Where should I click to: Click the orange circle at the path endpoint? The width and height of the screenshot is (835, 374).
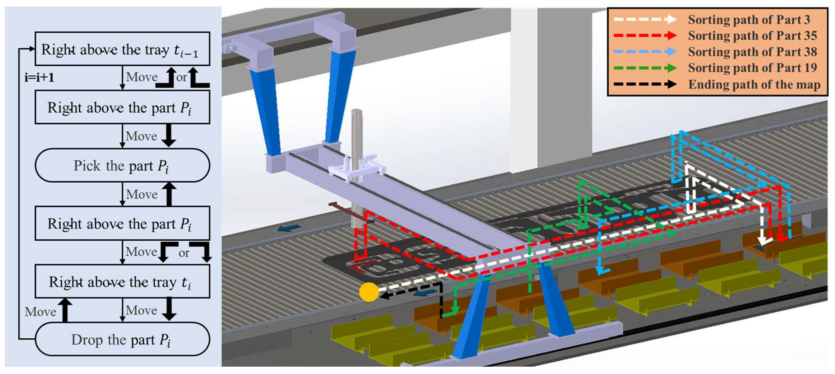click(369, 292)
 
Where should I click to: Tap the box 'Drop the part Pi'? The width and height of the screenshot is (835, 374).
click(122, 339)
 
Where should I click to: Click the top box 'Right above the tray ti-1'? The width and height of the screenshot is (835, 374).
click(122, 49)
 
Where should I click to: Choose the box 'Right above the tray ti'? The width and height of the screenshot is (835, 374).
click(122, 281)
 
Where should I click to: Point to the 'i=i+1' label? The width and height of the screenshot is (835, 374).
click(39, 78)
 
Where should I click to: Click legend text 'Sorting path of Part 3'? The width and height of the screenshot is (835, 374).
click(749, 20)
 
